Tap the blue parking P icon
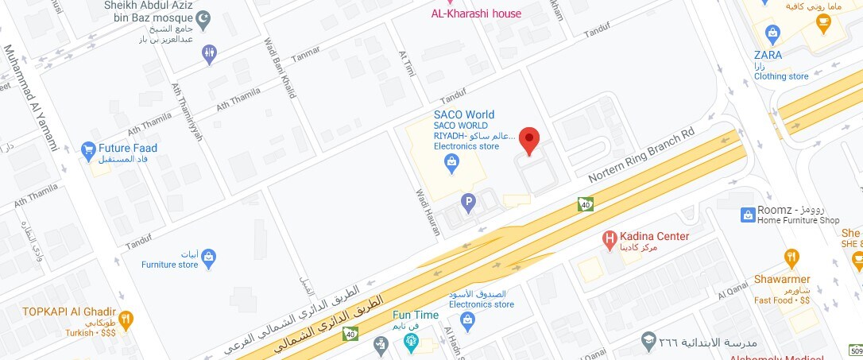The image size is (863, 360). tap(469, 203)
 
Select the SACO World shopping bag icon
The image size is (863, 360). tap(452, 164)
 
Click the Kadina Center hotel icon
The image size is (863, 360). tap(610, 237)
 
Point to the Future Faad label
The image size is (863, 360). tap(127, 148)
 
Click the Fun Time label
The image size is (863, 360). tap(415, 315)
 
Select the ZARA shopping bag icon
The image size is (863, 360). tap(770, 33)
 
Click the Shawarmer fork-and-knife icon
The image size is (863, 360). tap(791, 257)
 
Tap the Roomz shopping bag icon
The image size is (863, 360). tap(747, 215)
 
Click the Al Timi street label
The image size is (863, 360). tap(406, 64)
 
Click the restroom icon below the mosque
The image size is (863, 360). tap(209, 54)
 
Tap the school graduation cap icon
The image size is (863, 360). tap(648, 342)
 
